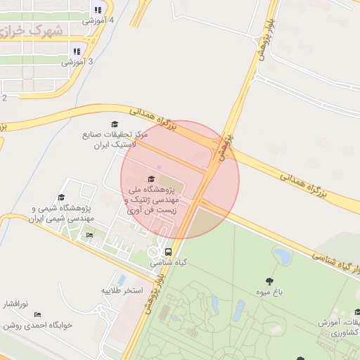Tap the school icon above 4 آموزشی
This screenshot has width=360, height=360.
coord(98,11)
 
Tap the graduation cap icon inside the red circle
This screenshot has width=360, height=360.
coord(151,178)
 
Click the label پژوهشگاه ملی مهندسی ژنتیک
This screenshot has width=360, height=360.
coord(155,200)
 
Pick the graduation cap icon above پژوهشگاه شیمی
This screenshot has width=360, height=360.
coord(61,198)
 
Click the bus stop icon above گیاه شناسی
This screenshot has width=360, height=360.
coord(167,252)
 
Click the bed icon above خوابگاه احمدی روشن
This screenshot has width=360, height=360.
coord(37,314)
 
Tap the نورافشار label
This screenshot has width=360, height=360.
coord(13,304)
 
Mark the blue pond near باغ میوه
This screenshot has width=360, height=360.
coord(283,256)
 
